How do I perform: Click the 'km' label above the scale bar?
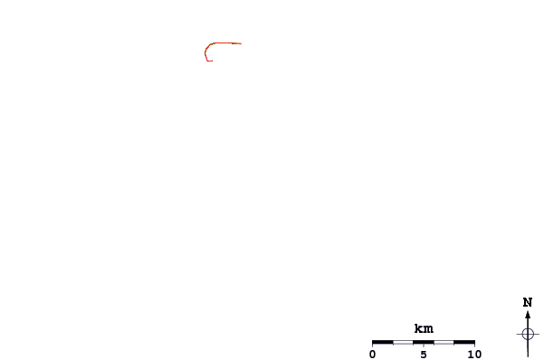pos(424,328)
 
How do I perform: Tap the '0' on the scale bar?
pos(373,354)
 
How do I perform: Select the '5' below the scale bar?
pos(424,354)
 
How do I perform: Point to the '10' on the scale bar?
pos(474,354)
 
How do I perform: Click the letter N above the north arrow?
pos(528,302)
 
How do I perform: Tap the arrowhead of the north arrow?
pos(528,315)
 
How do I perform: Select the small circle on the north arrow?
pos(528,333)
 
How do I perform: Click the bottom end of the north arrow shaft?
pos(528,356)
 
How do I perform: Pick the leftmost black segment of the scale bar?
pos(383,342)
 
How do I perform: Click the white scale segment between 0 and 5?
pos(403,342)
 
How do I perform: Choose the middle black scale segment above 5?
pos(424,342)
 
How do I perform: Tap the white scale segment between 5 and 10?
pos(444,342)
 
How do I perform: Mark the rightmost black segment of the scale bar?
pos(464,342)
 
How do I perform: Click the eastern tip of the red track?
pos(241,43)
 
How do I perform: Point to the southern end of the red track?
pos(208,61)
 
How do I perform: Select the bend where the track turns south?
pos(210,45)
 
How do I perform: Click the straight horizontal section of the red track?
pos(226,43)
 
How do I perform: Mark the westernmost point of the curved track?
pos(205,53)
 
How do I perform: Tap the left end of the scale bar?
pos(373,342)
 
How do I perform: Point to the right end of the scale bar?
pos(474,342)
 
